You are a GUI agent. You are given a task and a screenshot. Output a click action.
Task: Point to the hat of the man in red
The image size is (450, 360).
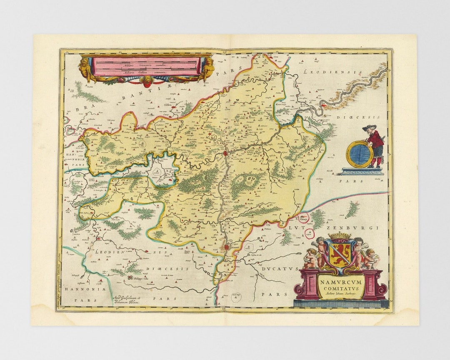pyautogui.click(x=369, y=127)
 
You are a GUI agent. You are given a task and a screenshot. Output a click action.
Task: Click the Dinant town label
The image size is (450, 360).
pyautogui.click(x=234, y=251)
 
